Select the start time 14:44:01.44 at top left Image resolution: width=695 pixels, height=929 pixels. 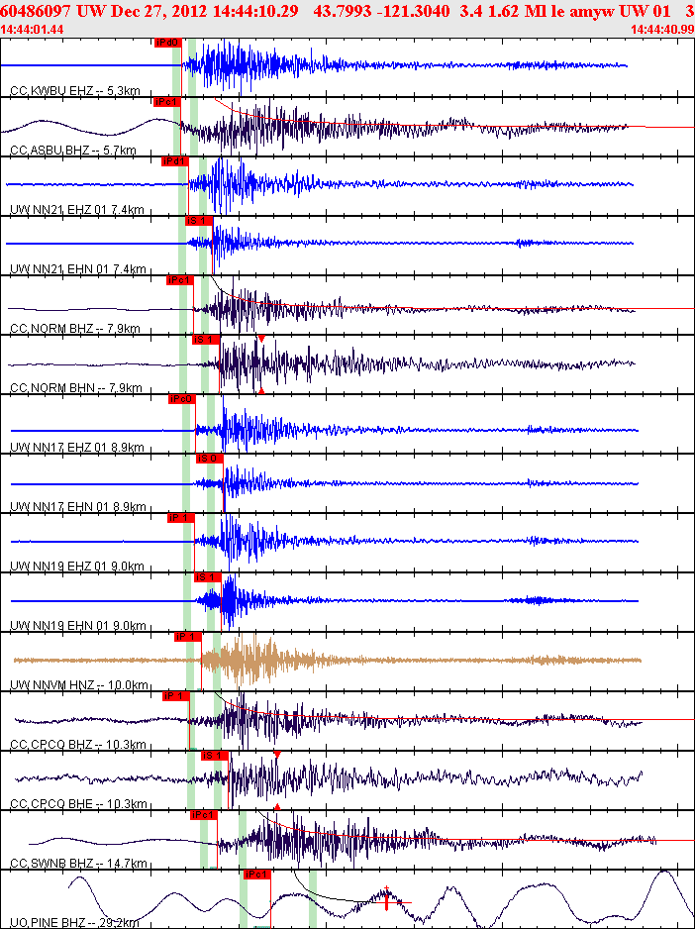32,29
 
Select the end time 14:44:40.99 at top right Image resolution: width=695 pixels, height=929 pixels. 662,29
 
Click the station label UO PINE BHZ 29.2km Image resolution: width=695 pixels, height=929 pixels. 74,923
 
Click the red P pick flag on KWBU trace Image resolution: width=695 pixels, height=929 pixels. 167,43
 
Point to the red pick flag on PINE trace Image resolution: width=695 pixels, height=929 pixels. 255,875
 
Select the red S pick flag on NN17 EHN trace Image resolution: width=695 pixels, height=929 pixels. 210,459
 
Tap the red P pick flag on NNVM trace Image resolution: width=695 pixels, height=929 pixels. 187,637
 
